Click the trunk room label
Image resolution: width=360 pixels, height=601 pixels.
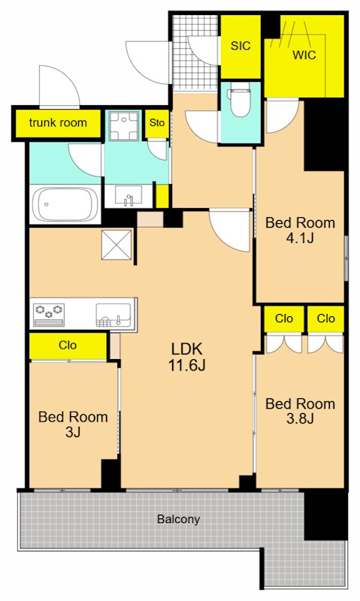58,123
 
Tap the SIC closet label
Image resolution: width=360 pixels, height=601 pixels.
241,46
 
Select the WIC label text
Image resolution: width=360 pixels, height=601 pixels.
304,55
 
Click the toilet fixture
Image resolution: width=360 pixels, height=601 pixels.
239,102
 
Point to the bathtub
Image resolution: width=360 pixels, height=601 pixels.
65,204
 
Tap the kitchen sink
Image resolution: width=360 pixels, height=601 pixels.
113,315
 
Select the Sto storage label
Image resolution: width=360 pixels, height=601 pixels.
157,122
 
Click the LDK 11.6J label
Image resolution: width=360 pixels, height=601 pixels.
186,357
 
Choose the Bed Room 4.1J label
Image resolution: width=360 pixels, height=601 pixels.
300,231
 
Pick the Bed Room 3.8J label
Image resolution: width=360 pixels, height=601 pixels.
300,411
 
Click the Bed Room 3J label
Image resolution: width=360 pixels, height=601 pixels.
73,424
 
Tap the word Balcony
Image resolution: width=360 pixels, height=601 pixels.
179,519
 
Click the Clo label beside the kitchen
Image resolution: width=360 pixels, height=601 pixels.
68,345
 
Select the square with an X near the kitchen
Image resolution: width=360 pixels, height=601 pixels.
117,245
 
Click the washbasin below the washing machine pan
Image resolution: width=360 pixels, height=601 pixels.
129,196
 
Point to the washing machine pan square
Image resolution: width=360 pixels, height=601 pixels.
123,126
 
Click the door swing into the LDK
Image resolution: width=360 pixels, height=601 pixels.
230,231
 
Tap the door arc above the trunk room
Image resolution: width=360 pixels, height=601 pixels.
60,87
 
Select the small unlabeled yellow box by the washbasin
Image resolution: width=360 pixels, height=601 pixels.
162,196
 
